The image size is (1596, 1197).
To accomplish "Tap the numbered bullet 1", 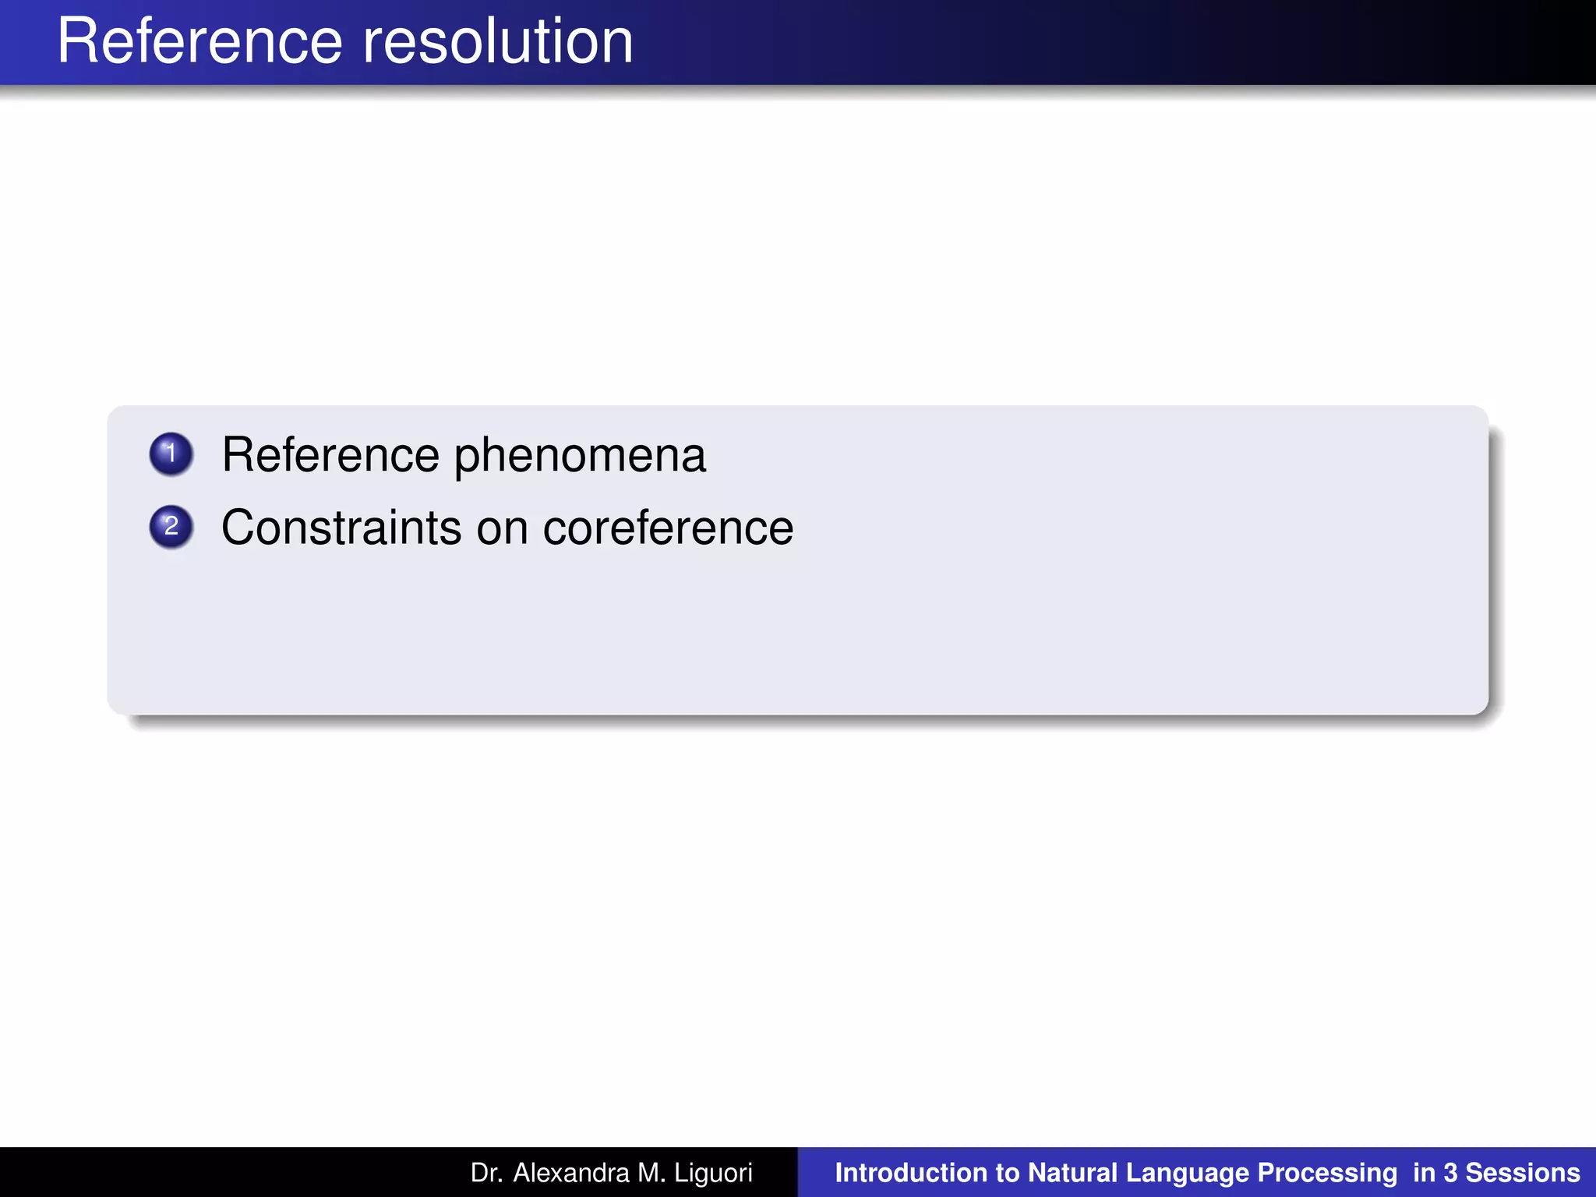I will pyautogui.click(x=171, y=454).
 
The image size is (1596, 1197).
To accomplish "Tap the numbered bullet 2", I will pyautogui.click(x=171, y=527).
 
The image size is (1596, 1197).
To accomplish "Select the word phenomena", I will pyautogui.click(x=580, y=455).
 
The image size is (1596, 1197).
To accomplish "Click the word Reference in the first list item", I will pyautogui.click(x=330, y=455).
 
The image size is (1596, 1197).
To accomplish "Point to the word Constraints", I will pyautogui.click(x=341, y=528).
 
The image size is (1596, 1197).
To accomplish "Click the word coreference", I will pyautogui.click(x=668, y=528).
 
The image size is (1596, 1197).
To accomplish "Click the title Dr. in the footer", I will pyautogui.click(x=486, y=1173).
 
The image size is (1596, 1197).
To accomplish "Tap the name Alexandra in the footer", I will pyautogui.click(x=571, y=1173).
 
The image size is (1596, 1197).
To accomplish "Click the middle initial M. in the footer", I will pyautogui.click(x=651, y=1173).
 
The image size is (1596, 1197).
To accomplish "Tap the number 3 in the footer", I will pyautogui.click(x=1449, y=1173).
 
